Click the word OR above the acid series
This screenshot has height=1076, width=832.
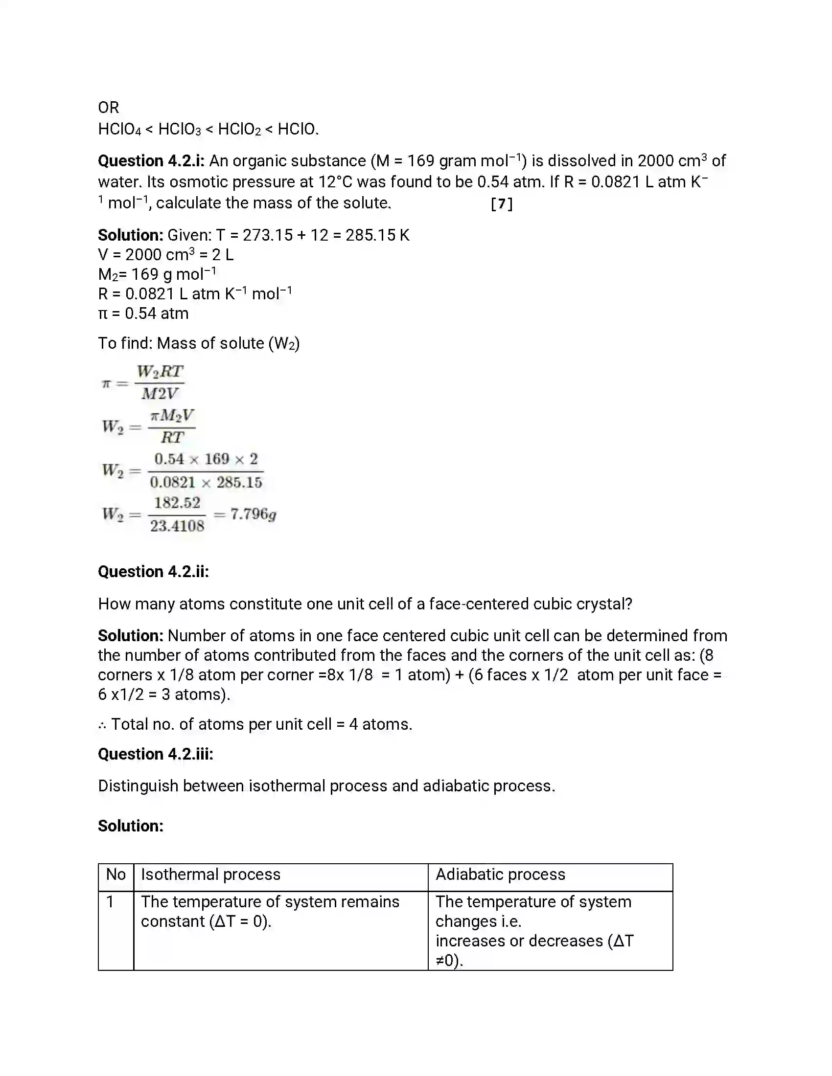(109, 108)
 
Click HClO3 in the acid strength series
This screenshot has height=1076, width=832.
(180, 130)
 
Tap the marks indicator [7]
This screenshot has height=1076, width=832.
(502, 203)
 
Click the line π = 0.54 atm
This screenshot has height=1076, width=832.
(143, 314)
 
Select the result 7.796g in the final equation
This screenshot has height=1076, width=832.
(253, 515)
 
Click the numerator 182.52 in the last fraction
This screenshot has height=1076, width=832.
(177, 502)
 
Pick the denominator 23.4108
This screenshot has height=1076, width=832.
(177, 526)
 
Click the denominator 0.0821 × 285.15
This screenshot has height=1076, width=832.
(206, 482)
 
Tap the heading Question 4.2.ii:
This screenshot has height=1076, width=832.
(153, 571)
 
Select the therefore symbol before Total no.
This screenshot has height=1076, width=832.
(102, 725)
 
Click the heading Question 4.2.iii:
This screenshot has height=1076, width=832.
(155, 754)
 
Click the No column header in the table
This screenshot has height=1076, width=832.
(116, 874)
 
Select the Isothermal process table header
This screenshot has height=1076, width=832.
(210, 874)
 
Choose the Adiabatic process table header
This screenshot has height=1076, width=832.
(500, 874)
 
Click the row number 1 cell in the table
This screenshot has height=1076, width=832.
(111, 901)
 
